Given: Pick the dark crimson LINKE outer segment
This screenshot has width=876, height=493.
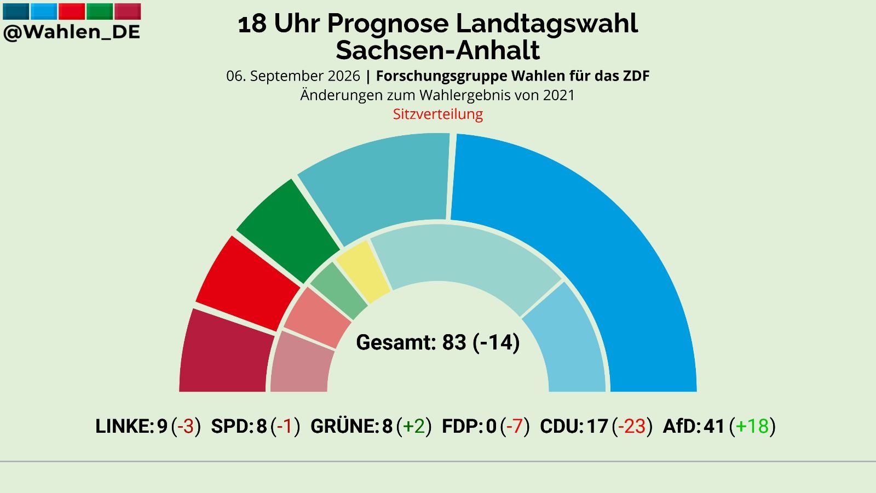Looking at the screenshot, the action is [x=225, y=352].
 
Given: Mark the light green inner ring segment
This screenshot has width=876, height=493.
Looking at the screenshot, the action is [x=339, y=290].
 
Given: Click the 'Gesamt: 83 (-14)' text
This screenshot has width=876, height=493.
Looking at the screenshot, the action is [x=438, y=342].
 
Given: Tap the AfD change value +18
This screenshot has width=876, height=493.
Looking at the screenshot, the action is [x=752, y=426].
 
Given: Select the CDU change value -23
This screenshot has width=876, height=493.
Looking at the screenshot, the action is [x=632, y=426].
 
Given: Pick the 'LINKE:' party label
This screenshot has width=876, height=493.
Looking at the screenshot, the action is [x=125, y=426].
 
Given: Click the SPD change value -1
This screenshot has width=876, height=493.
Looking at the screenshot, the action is [x=285, y=426].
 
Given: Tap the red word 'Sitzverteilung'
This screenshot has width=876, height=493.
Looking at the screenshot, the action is [x=438, y=114].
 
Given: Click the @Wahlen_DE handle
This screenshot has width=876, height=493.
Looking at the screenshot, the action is [x=72, y=32].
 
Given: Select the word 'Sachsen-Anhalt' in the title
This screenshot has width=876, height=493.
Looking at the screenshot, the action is [x=438, y=50].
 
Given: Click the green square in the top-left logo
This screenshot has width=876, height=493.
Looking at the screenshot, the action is [x=100, y=12].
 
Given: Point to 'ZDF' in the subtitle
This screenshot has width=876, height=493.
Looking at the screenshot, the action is [x=636, y=76].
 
